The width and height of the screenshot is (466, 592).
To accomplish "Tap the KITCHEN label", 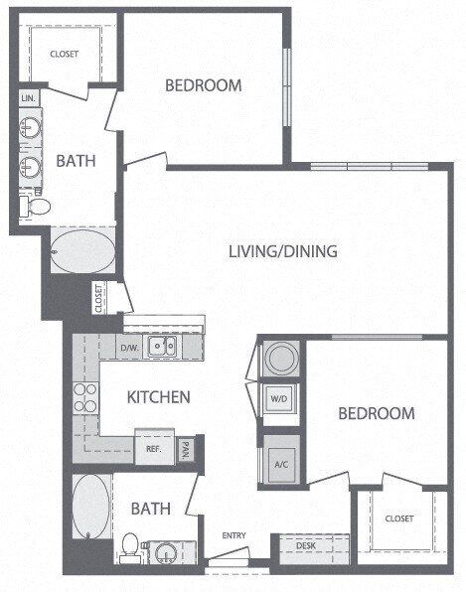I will coord(159,397).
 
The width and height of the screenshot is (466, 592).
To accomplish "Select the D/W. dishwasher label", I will coord(129,348).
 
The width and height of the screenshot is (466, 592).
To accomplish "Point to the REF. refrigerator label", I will coord(154,448).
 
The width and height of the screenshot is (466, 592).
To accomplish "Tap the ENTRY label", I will coord(233,536).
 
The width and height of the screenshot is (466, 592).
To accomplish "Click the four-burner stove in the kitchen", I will coord(84,397).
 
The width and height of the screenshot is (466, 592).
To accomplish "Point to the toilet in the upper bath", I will coord(38,207).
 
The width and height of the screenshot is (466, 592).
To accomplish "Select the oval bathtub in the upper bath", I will coord(82,251).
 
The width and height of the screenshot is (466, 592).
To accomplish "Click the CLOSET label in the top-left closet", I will coord(64,55).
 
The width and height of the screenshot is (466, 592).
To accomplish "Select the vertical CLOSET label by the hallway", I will coord(99,298).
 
